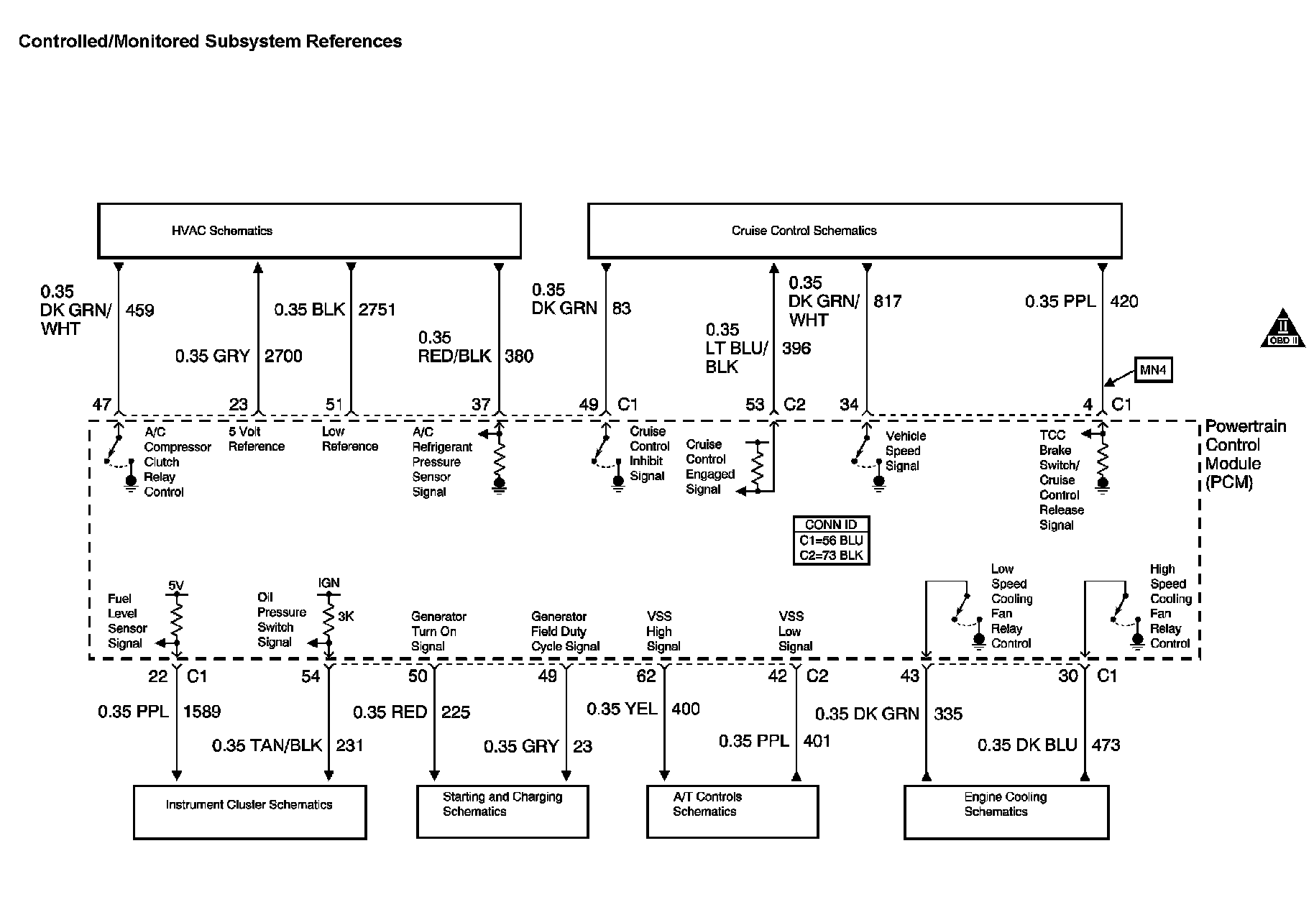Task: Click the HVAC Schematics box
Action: [x=309, y=231]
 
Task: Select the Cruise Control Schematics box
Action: [x=854, y=231]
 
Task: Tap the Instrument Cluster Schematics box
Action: [x=249, y=811]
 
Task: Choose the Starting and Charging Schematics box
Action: [x=502, y=811]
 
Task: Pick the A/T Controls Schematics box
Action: [x=732, y=811]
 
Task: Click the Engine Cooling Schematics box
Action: [x=1006, y=811]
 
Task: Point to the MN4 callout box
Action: [x=1153, y=370]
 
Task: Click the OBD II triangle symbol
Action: [x=1283, y=331]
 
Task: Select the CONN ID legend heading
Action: [x=831, y=525]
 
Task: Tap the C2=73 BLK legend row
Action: [x=831, y=556]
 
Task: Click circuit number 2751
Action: [x=377, y=310]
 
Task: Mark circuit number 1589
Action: [x=202, y=712]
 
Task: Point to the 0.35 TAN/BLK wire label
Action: [x=267, y=745]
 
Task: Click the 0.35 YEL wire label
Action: [x=622, y=709]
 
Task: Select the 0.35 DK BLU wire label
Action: [x=1027, y=745]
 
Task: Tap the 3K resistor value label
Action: [x=346, y=616]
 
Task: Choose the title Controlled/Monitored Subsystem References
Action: [x=210, y=42]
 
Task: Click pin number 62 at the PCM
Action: [x=646, y=676]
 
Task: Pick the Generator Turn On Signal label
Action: [x=438, y=631]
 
